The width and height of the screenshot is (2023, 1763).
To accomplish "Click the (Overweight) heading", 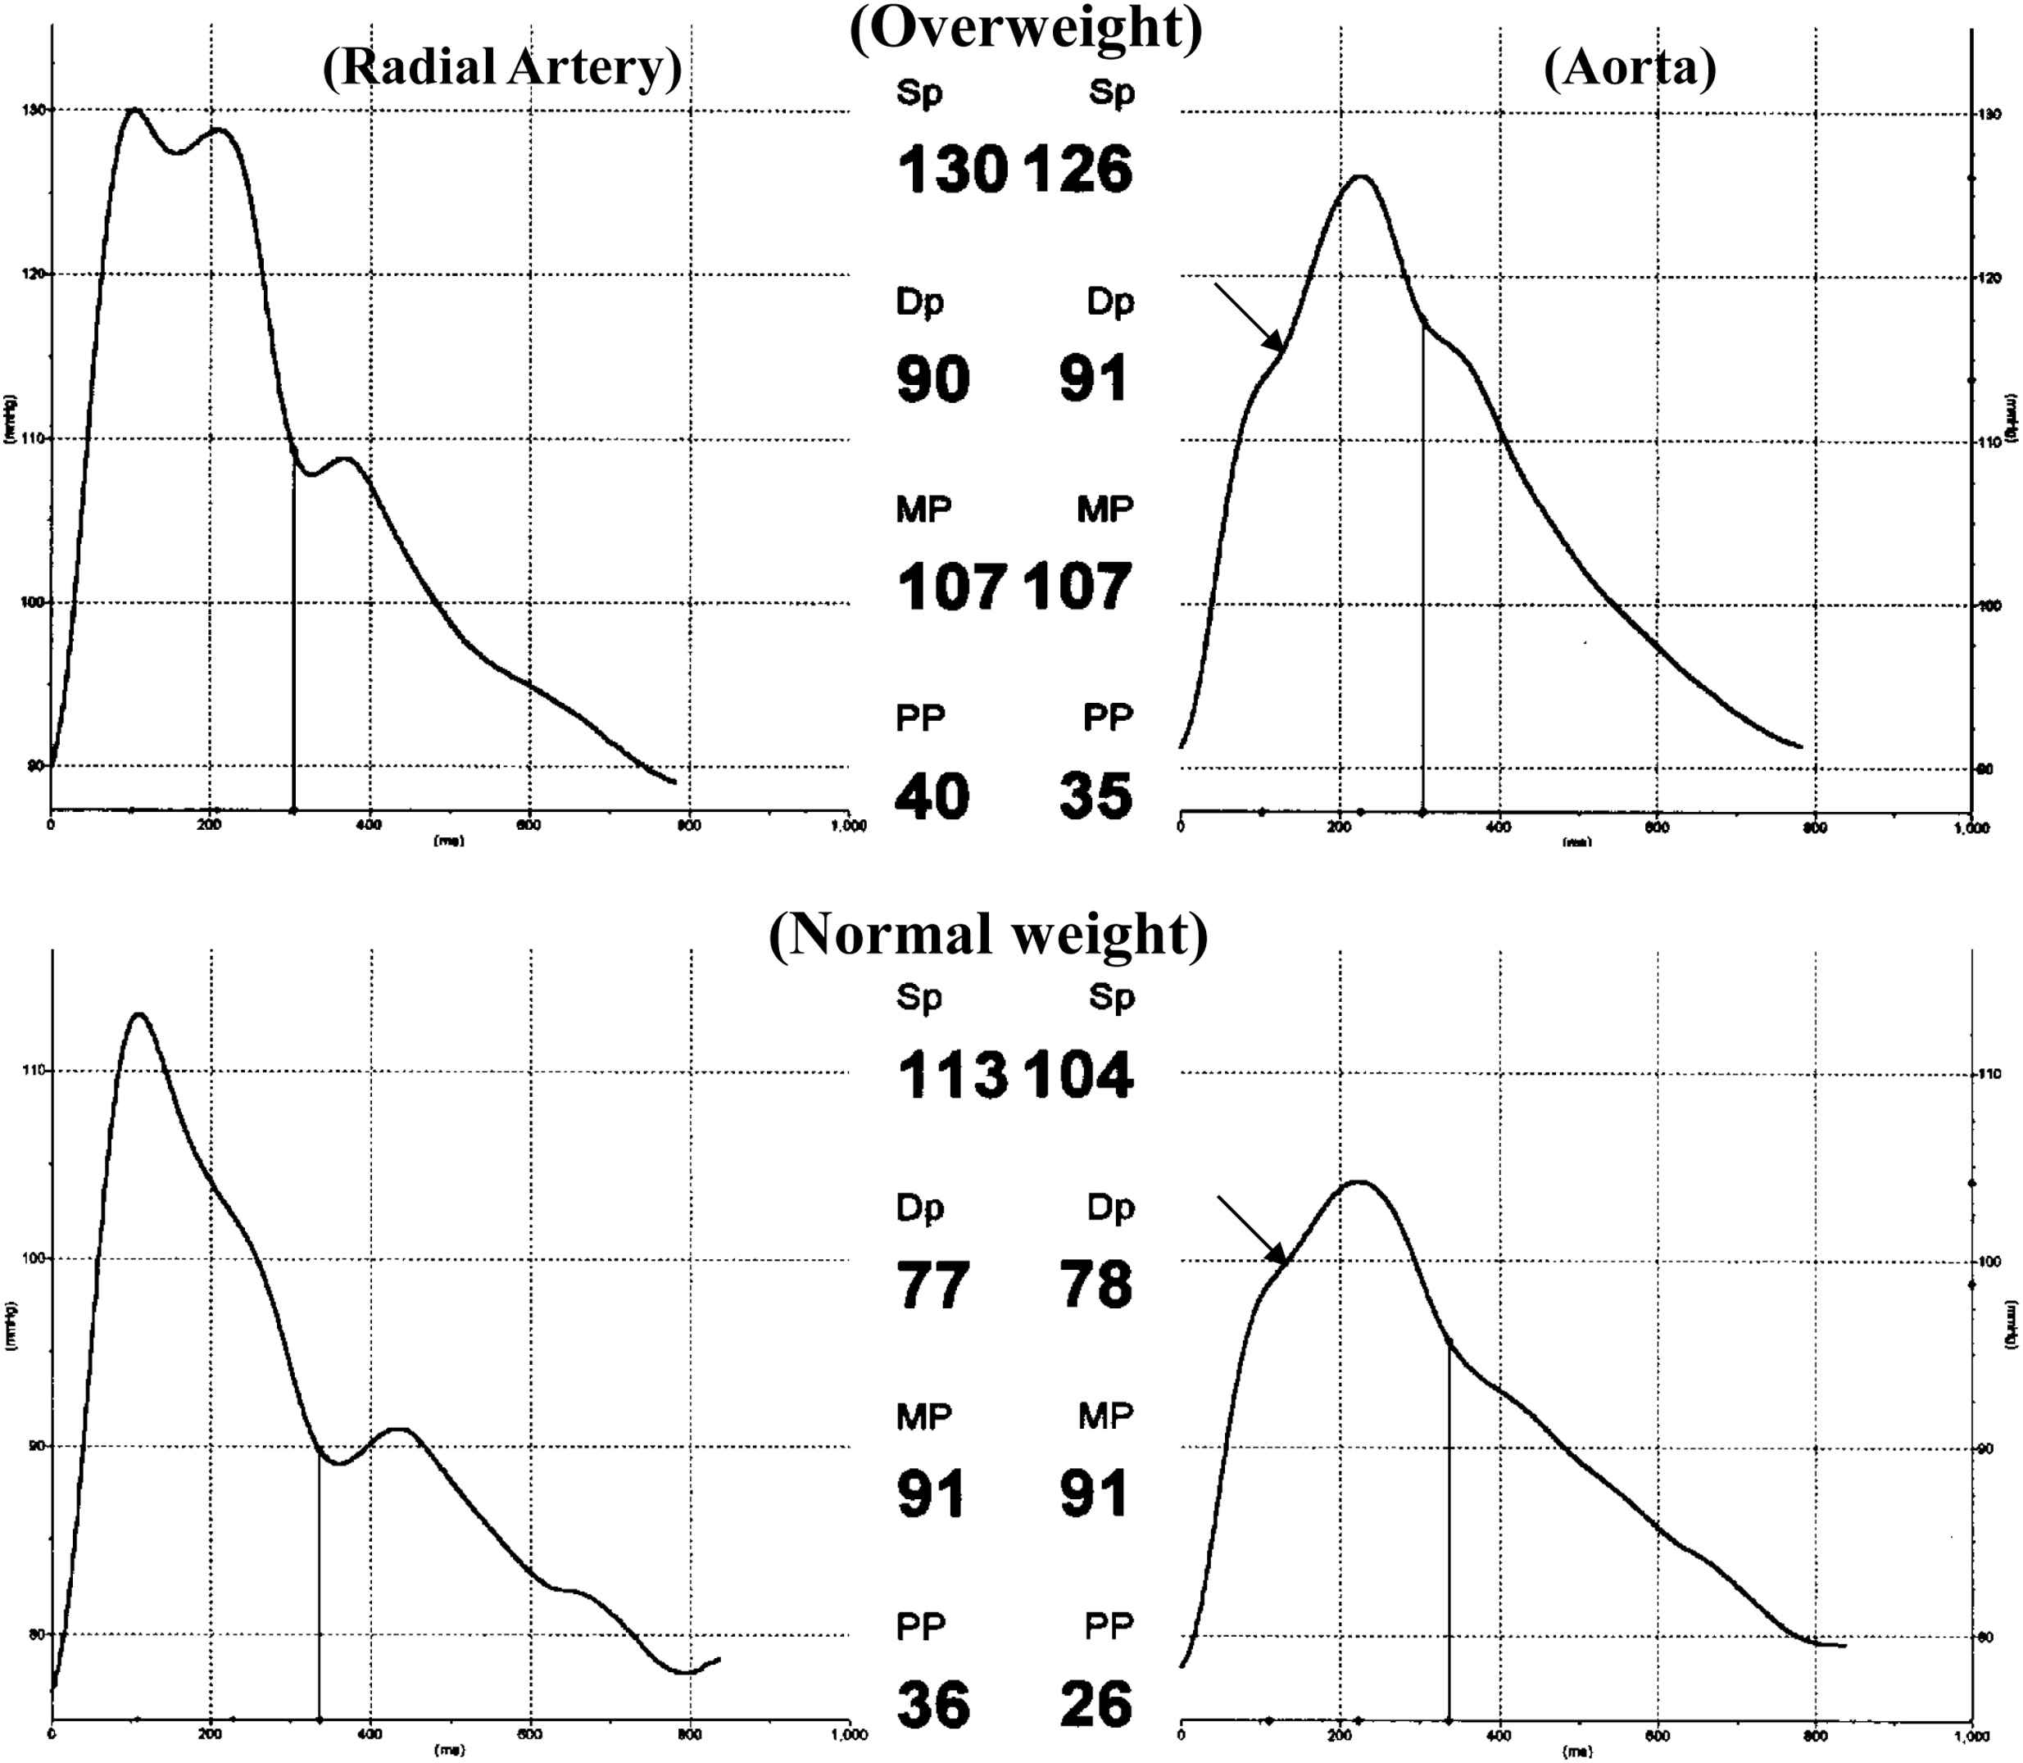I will point(1025,28).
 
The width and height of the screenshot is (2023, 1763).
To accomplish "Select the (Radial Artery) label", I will point(501,67).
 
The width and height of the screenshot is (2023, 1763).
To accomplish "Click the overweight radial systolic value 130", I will point(951,170).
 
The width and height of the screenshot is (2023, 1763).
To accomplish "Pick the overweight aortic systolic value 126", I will point(1078,170).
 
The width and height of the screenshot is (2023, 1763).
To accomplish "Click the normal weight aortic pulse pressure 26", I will point(1096,1704).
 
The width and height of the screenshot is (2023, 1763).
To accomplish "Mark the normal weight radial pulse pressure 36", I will point(932,1704).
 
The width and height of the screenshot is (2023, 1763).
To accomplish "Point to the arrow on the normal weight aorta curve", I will point(1253,1230).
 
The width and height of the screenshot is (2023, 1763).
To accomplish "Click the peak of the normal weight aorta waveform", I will point(1358,1181).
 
